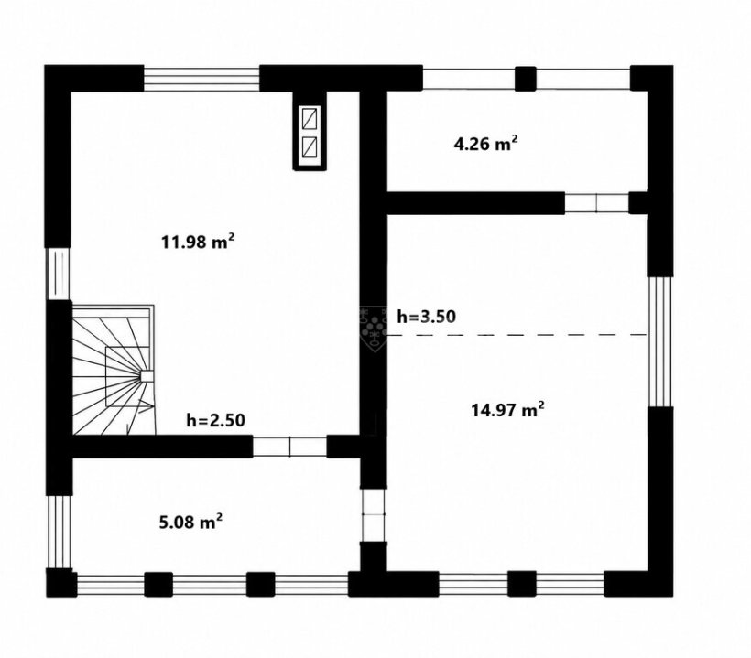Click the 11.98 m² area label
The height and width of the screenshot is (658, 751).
tap(197, 242)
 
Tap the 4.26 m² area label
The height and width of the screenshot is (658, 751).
tap(485, 144)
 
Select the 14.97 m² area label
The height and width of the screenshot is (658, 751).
tap(507, 410)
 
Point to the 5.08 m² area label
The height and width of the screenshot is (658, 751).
tap(190, 522)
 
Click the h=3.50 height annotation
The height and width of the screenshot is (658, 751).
tap(426, 317)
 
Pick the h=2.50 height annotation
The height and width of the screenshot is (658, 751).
tap(215, 420)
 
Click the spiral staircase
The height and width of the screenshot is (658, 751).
tap(114, 370)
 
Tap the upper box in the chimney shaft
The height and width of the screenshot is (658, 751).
tap(310, 118)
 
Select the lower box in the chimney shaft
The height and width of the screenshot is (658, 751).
tap(310, 147)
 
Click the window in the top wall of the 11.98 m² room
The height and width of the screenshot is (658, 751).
tap(201, 79)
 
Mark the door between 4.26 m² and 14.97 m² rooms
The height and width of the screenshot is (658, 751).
tap(596, 203)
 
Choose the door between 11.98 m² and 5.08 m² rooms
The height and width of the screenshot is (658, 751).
tap(289, 447)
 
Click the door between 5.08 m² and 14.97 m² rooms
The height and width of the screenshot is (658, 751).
tap(373, 515)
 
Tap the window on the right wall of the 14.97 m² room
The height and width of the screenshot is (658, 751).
tap(660, 341)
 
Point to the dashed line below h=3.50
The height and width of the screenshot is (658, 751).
tap(517, 335)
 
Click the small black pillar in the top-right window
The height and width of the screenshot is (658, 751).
tap(526, 79)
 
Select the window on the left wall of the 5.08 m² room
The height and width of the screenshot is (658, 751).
tap(59, 532)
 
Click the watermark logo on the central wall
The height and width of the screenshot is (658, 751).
tap(373, 329)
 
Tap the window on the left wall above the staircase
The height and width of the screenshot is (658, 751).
tap(58, 274)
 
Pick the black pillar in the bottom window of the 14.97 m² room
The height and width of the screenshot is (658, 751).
tap(522, 583)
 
